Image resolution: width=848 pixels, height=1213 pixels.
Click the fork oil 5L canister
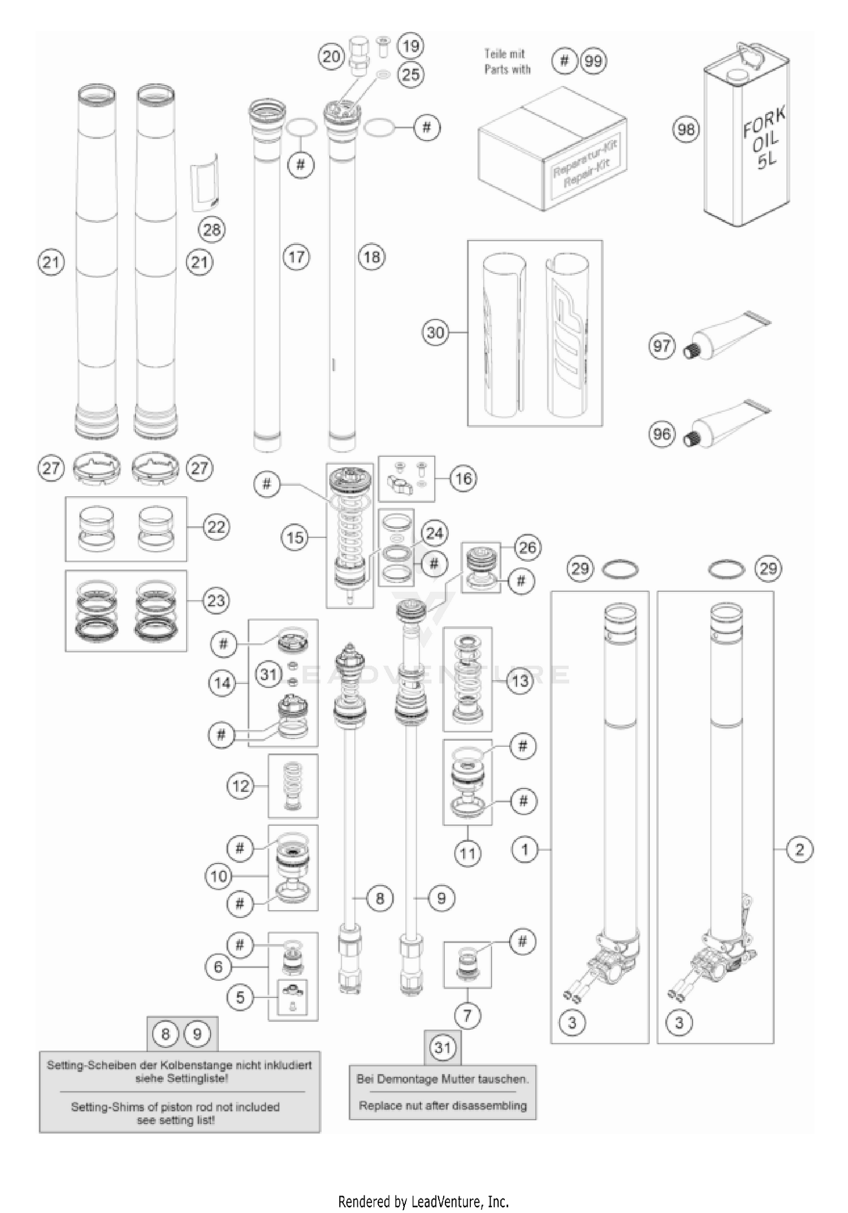746,139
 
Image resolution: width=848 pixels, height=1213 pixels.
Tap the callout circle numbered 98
686,130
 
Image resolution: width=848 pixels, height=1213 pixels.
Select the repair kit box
552,150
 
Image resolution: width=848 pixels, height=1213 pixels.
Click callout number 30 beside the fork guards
435,332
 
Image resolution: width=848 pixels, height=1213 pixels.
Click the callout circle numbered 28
211,230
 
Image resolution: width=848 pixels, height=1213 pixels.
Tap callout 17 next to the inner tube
296,257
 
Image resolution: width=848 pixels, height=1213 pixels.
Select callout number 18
371,257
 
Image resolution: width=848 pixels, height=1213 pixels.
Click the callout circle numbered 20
331,57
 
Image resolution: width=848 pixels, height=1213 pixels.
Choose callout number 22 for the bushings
216,527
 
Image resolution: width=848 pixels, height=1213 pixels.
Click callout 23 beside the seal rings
216,601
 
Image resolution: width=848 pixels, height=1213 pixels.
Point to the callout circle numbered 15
295,537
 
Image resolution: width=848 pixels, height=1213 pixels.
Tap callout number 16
463,479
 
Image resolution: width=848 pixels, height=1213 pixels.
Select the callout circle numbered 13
520,681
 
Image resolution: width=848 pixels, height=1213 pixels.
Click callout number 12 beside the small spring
241,786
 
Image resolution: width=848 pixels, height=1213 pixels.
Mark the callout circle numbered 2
799,849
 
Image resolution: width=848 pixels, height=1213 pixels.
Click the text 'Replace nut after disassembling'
443,1105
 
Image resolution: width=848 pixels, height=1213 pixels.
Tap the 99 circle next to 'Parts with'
593,61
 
